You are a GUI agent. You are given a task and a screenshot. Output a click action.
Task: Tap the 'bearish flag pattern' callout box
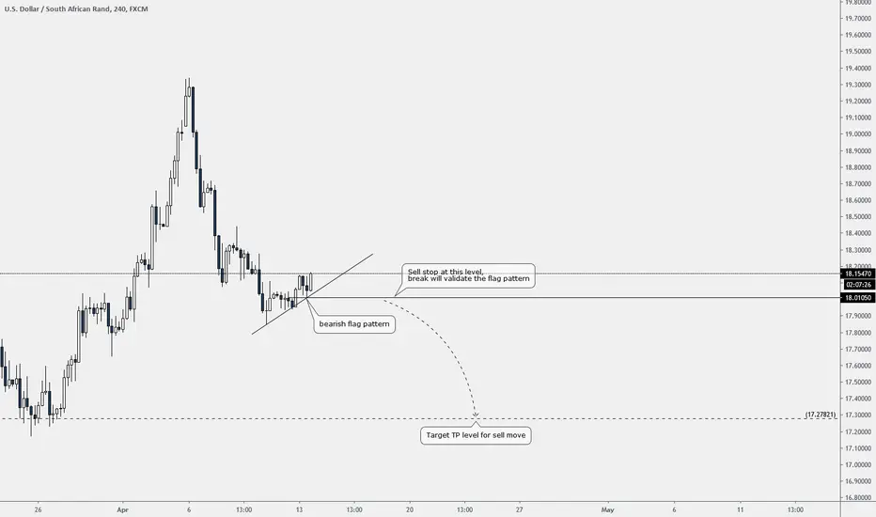(354, 324)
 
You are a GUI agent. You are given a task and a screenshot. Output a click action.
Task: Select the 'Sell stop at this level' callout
(468, 275)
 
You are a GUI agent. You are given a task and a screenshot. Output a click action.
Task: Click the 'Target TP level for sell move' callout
(476, 435)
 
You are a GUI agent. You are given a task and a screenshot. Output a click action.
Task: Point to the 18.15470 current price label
(858, 274)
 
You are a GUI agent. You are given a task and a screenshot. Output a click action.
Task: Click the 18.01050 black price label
(858, 298)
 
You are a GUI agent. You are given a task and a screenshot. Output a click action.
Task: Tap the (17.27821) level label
(821, 415)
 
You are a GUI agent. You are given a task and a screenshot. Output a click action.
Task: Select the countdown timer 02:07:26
(858, 285)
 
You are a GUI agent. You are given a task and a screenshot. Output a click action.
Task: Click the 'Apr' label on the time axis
(123, 509)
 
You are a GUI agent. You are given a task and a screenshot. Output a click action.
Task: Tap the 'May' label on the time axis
(607, 509)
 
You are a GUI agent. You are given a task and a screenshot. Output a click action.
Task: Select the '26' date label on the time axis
(38, 509)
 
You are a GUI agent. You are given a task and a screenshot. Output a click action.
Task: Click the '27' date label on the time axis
(520, 509)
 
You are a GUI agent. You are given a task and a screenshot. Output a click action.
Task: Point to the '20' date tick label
(410, 509)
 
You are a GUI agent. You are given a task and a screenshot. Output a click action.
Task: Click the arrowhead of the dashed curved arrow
(476, 415)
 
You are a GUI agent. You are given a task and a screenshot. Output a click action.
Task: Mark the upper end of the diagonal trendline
(372, 255)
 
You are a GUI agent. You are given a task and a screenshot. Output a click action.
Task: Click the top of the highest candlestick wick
(189, 78)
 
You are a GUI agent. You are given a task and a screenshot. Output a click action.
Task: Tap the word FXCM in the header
(138, 9)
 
